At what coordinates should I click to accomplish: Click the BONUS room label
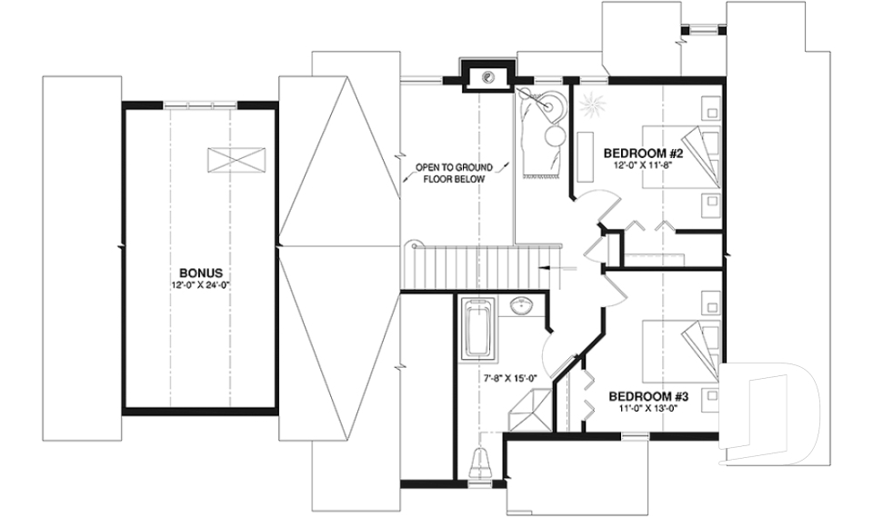coord(201,272)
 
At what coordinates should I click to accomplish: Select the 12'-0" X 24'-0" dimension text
coord(201,283)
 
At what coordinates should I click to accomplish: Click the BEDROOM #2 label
coord(643,153)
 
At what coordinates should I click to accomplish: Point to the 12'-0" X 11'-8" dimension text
coord(643,165)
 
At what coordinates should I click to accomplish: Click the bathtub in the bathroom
coord(477,329)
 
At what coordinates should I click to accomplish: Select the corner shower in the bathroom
coord(527,411)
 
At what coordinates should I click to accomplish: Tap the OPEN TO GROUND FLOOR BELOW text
coord(454,174)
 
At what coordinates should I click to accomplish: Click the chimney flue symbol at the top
coord(488,77)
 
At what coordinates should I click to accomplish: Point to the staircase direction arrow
coord(550,269)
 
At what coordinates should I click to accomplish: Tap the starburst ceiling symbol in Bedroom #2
coord(592,105)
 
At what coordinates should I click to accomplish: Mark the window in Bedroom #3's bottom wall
coord(634,437)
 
